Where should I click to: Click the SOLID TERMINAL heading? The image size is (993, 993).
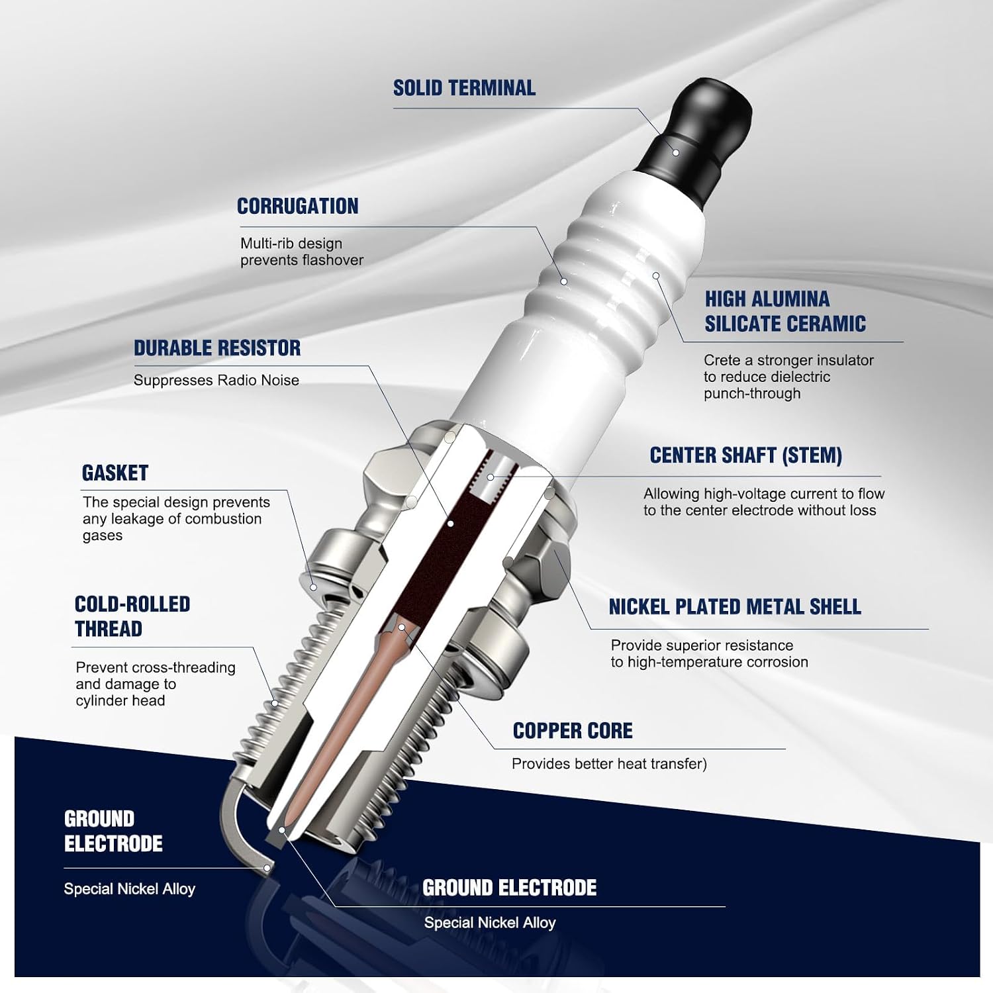[x=464, y=88]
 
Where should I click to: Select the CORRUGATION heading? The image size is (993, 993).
[x=298, y=207]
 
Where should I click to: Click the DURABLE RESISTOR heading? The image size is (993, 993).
[x=217, y=348]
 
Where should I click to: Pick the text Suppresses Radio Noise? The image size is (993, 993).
[x=216, y=380]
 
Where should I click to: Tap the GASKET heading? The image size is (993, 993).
[x=115, y=473]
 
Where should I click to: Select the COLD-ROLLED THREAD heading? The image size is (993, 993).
[x=132, y=616]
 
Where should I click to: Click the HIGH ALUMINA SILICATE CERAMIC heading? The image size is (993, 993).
[x=785, y=311]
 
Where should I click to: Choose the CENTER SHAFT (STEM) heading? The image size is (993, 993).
[x=745, y=455]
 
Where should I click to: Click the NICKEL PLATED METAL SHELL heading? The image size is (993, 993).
[x=735, y=607]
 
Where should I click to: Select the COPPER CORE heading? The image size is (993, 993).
[x=573, y=731]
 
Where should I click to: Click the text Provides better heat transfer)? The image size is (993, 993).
[x=609, y=764]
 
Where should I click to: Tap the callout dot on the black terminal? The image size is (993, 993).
[x=676, y=153]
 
